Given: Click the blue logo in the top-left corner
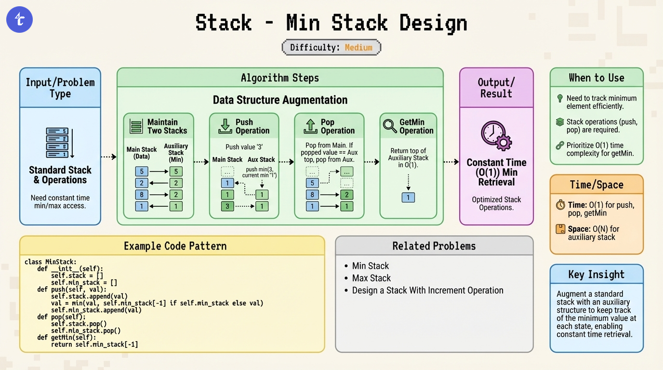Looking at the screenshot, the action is (x=20, y=20).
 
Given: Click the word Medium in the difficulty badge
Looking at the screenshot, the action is (x=358, y=47).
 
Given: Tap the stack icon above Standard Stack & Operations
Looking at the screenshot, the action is (x=60, y=143).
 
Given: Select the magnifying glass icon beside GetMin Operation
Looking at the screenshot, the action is (x=390, y=126).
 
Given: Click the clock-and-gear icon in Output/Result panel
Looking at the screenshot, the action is (x=496, y=136).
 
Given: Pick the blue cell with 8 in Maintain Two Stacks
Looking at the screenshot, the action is (x=142, y=195).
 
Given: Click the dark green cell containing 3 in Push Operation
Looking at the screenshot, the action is (x=227, y=206).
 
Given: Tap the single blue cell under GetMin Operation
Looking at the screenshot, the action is (x=408, y=198).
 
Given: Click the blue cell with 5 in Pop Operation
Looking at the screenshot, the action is (x=312, y=183).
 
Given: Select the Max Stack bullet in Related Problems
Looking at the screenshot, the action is (x=371, y=278).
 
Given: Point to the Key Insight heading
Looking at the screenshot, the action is (x=596, y=275).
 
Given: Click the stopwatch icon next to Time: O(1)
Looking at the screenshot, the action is (x=560, y=205).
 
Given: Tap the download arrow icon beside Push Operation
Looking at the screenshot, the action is (x=225, y=126).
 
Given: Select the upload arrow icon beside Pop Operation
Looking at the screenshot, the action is (x=310, y=126).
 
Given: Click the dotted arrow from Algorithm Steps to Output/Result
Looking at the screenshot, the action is (x=451, y=161).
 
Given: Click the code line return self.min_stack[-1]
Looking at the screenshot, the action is (x=94, y=344).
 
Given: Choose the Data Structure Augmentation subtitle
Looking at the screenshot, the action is (x=280, y=100).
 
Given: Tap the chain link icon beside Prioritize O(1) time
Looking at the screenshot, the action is (x=560, y=145).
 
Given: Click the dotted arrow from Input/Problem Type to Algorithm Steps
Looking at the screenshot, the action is (x=108, y=157).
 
